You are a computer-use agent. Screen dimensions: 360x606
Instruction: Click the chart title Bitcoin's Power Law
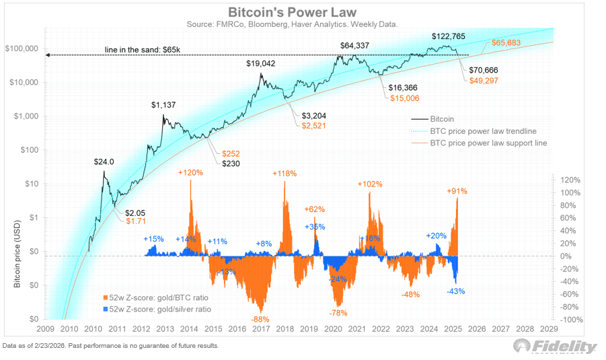tap(303, 12)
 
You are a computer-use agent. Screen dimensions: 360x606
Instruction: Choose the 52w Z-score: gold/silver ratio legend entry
tap(157, 309)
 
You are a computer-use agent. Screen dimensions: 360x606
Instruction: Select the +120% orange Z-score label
tap(190, 173)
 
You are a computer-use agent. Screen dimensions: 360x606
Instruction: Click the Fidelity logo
tap(556, 346)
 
